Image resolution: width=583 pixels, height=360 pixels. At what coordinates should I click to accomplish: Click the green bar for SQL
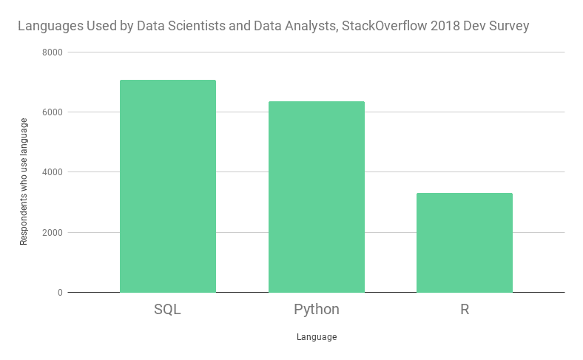tap(168, 186)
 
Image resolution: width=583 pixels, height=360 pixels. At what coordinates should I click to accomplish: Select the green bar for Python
tap(317, 197)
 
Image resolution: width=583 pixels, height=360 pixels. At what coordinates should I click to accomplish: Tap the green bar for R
tap(465, 242)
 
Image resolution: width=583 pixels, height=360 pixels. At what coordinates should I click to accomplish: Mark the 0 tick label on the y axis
tap(60, 293)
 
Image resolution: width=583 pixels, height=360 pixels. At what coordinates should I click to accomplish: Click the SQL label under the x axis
tap(168, 310)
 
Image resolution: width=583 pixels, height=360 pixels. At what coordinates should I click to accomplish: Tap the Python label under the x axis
tap(317, 310)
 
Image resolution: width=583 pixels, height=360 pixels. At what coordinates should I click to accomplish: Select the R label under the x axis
tap(465, 310)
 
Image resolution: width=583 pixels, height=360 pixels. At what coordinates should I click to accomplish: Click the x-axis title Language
tap(317, 337)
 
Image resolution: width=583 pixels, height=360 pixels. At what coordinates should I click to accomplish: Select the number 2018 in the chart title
tap(437, 27)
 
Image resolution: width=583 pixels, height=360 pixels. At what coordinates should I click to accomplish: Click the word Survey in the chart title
tap(508, 27)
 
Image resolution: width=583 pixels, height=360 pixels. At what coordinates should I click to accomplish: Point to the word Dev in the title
tap(471, 27)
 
